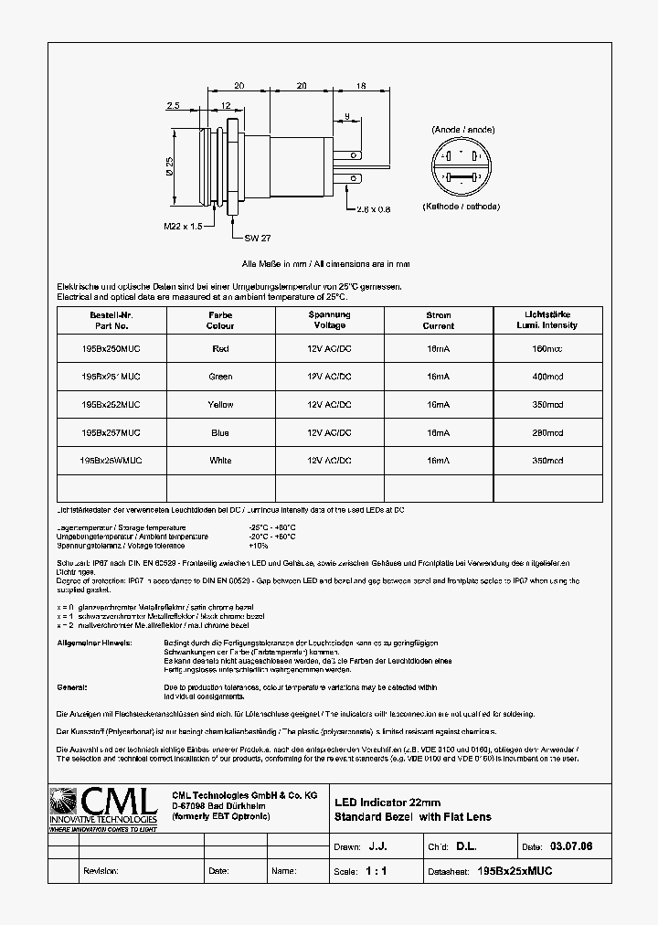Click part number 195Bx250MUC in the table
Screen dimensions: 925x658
click(111, 348)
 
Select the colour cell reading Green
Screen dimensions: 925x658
click(220, 377)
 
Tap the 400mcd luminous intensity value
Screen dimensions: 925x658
click(547, 377)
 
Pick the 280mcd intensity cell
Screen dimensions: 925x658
click(547, 432)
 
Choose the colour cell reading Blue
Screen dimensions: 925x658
click(220, 432)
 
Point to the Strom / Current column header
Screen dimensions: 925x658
click(439, 320)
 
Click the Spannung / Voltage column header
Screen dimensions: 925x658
click(329, 320)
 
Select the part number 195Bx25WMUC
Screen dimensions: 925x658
click(111, 461)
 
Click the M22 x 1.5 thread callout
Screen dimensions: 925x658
click(183, 227)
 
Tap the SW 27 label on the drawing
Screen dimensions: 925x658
click(258, 238)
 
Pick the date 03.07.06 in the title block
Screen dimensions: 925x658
click(571, 847)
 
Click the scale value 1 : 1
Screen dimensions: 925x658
click(377, 871)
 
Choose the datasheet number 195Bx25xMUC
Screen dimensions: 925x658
click(515, 871)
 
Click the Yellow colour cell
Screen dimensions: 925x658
click(220, 404)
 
